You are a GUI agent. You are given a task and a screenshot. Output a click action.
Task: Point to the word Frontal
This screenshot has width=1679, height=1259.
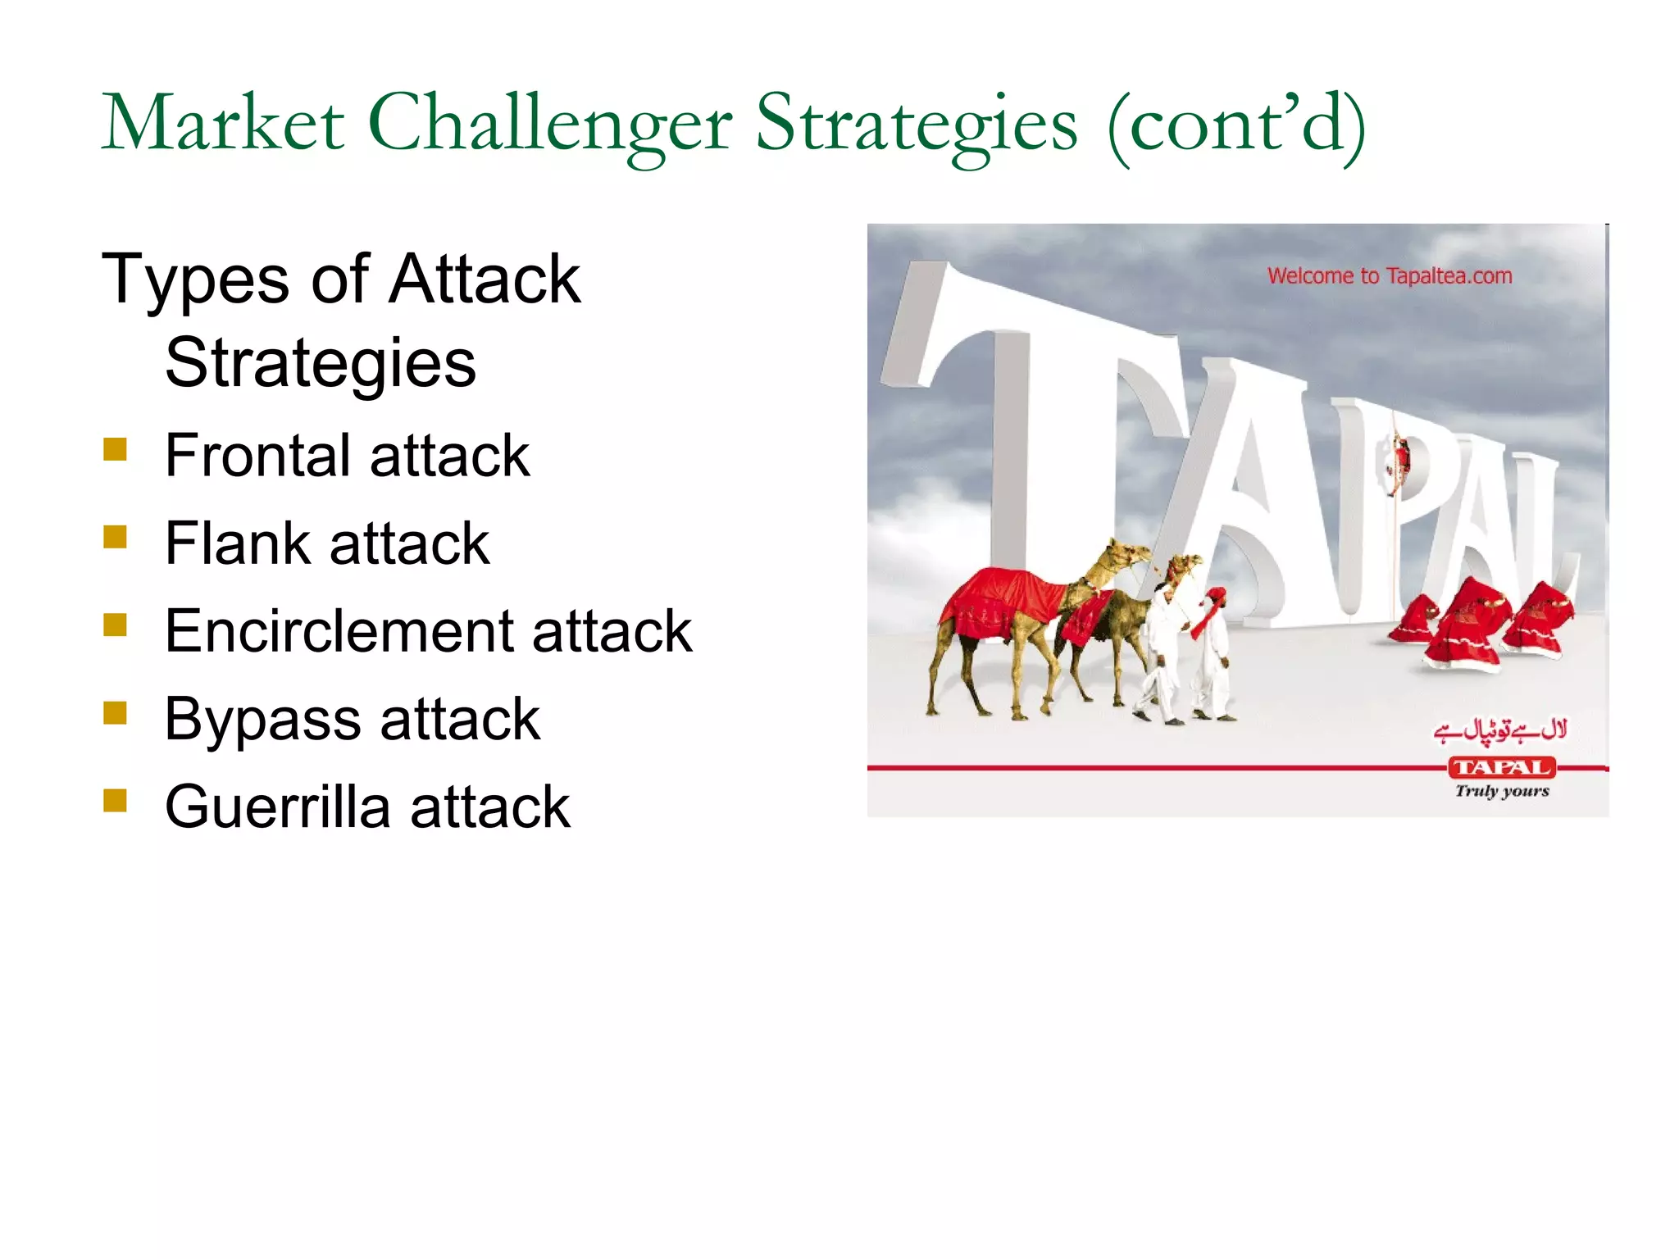[x=257, y=456]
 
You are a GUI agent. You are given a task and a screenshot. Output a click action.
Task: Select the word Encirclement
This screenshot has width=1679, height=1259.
[x=338, y=631]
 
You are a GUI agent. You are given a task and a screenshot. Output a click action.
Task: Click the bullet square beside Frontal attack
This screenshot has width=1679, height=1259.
[x=116, y=449]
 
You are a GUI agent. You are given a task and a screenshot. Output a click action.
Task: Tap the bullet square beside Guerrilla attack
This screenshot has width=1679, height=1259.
[x=116, y=800]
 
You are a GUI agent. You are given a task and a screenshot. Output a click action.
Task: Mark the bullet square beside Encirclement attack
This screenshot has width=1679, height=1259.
[x=116, y=625]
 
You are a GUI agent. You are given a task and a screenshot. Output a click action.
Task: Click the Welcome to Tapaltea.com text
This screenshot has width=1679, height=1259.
[x=1390, y=276]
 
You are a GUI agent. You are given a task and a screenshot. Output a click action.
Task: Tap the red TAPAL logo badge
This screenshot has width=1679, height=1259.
[x=1501, y=768]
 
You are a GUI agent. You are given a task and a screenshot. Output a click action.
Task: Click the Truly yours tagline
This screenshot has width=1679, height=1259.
[x=1502, y=791]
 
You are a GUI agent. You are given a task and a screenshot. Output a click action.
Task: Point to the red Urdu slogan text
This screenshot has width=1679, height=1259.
[x=1500, y=729]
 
